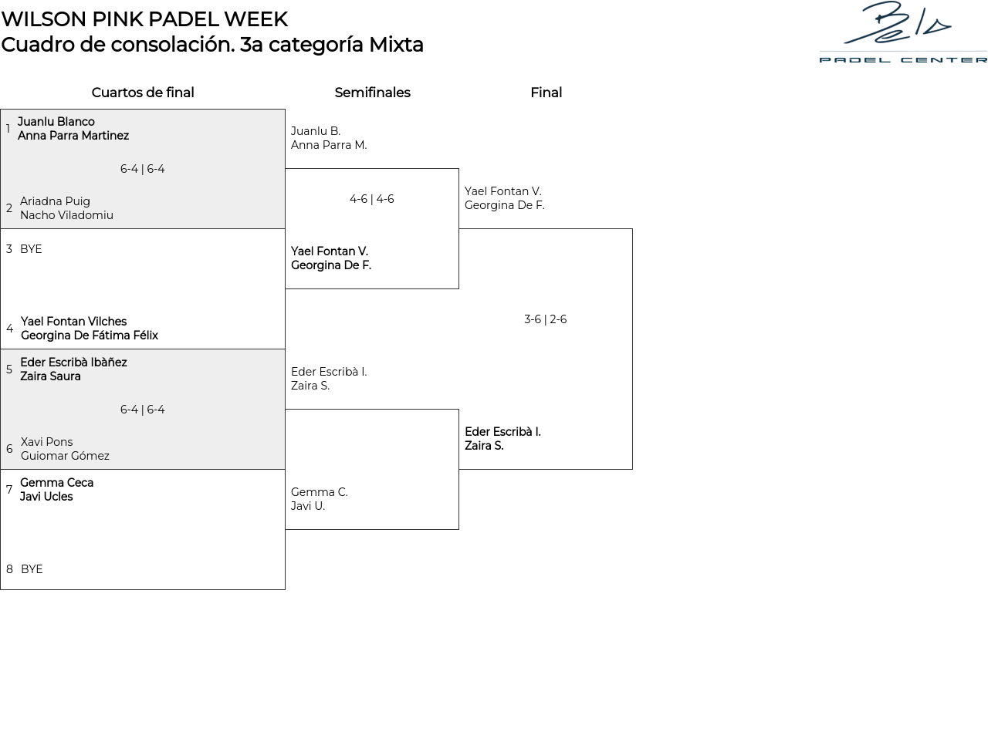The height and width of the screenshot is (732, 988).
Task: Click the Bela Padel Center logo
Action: pos(903,32)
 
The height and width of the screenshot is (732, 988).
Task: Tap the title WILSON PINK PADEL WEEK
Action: pos(144,19)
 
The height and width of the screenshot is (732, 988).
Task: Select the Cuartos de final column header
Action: pos(143,93)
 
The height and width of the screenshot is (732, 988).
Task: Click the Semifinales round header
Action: pos(372,93)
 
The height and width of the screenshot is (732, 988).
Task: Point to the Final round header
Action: pos(546,93)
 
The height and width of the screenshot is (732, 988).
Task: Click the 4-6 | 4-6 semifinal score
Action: pos(371,199)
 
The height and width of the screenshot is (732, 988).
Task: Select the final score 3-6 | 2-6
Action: pos(545,319)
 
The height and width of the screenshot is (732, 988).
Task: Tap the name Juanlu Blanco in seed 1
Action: pos(56,122)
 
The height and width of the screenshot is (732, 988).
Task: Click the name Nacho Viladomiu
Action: pos(66,215)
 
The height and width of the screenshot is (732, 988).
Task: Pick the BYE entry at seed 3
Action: pos(31,249)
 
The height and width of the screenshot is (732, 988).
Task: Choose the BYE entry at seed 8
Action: pos(32,569)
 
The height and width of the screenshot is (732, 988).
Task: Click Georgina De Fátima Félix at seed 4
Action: pos(90,336)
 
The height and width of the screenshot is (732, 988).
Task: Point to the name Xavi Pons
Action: pos(46,442)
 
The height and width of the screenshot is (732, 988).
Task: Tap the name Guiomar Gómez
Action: pos(65,456)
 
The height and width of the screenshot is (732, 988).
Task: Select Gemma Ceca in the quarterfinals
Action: pos(56,483)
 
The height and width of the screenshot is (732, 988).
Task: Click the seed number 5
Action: pos(9,369)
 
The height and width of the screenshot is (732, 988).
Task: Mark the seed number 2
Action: pos(9,208)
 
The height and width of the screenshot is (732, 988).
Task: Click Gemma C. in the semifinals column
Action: pos(320,492)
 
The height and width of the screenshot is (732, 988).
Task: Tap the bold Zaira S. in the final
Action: pos(484,446)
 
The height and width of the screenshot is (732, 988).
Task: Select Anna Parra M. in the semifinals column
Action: pos(329,145)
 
